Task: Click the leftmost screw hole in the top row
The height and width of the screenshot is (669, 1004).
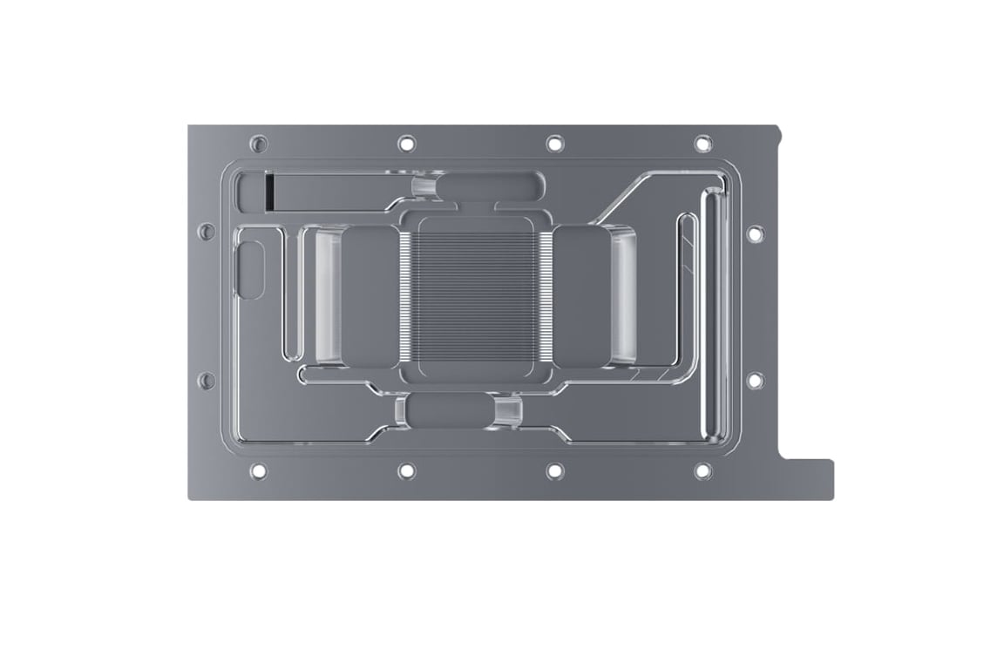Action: [258, 143]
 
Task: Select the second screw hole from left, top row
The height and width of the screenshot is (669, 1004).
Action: [406, 143]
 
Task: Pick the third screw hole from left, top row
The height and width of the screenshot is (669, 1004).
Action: [554, 143]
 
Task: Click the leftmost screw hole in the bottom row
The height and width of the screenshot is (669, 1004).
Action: [258, 471]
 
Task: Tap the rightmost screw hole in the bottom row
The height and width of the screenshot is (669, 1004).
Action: [702, 471]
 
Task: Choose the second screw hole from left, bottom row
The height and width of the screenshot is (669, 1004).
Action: [406, 471]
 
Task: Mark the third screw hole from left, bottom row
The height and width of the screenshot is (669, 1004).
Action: [554, 471]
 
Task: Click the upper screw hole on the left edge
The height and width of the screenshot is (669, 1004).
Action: [207, 232]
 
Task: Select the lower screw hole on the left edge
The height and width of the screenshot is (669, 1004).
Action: [207, 381]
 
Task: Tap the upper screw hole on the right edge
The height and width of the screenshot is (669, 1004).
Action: [755, 233]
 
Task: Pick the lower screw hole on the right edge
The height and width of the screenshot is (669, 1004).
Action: [755, 381]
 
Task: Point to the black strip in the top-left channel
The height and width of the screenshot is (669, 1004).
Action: [270, 192]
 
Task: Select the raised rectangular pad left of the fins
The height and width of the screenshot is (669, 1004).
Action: [370, 296]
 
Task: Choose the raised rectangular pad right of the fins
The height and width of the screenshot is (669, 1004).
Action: [582, 296]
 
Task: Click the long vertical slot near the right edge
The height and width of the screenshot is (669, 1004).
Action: [713, 318]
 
